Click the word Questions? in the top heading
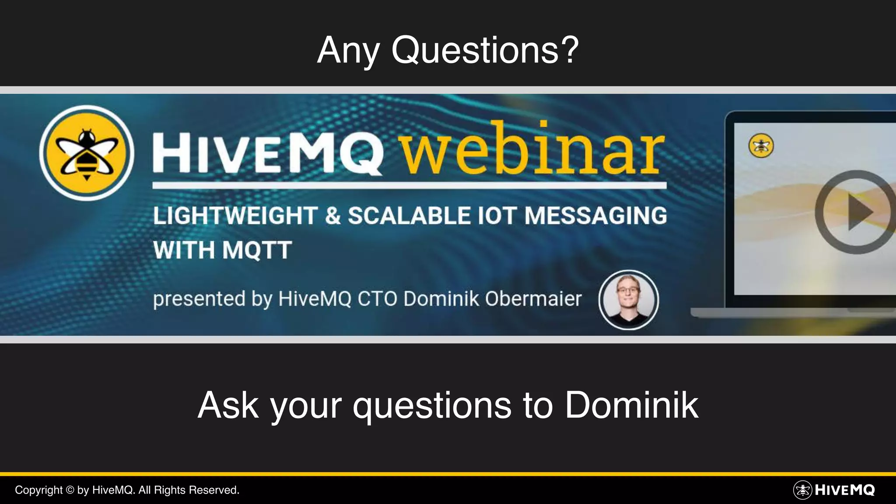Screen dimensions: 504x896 coord(485,50)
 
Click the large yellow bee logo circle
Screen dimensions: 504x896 coord(87,153)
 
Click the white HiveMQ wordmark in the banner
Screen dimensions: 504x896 coord(268,154)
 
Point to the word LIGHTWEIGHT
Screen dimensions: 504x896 coord(235,216)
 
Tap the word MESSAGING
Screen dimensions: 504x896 coord(596,216)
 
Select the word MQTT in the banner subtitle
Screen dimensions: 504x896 coord(257,250)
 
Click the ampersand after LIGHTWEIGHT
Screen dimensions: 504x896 coord(333,216)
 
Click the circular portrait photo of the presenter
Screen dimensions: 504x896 coord(628,300)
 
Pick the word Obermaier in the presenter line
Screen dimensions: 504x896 coord(533,299)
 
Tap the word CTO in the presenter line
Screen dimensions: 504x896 coord(377,299)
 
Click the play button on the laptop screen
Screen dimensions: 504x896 coord(856,212)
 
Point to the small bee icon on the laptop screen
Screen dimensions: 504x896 coord(761,146)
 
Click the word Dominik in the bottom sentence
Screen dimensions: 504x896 coord(631,405)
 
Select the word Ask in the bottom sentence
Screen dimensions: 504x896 coord(228,405)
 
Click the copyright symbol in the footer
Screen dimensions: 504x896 coord(70,490)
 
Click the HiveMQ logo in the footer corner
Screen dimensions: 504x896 coord(834,490)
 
